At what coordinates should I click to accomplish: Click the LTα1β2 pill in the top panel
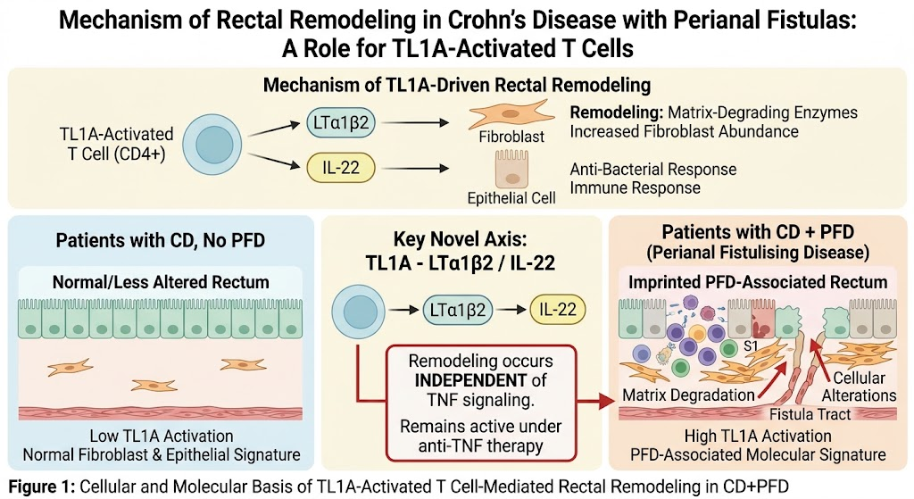coord(341,123)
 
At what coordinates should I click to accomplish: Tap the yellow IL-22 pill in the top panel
coord(341,168)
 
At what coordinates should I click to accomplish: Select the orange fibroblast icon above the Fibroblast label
coord(511,114)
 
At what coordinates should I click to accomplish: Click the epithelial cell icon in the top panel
coord(511,170)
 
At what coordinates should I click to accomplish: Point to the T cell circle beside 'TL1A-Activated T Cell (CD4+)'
coord(212,145)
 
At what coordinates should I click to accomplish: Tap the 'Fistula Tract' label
coord(810,414)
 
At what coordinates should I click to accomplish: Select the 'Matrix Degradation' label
coord(688,395)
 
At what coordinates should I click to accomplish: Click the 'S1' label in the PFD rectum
coord(751,346)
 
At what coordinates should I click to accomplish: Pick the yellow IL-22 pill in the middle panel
coord(557,310)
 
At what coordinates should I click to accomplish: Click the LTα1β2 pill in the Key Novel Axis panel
coord(458,310)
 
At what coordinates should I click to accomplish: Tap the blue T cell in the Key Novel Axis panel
coord(359,312)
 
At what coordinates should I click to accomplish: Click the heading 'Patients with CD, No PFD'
coord(161,240)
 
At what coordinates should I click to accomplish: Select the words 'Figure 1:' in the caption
coord(41,487)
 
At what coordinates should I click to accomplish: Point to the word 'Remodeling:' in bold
coord(616,112)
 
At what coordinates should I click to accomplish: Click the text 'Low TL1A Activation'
coord(162,436)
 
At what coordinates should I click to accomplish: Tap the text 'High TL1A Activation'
coord(758,436)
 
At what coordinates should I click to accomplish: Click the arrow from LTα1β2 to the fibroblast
coord(415,123)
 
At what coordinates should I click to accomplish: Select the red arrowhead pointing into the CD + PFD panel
coord(606,402)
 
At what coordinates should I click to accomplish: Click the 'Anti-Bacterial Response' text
coord(652,169)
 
